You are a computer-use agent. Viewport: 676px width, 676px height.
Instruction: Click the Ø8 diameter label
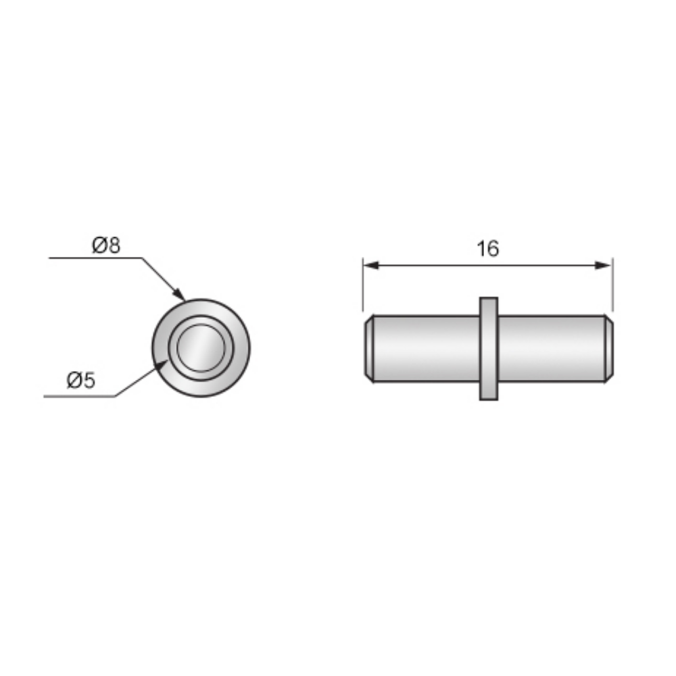coord(106,245)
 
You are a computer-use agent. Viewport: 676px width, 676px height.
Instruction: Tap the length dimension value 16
coord(487,249)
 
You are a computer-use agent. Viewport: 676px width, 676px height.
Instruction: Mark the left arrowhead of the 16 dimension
coord(369,266)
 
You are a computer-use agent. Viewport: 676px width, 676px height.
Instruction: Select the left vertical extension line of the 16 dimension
coord(363,284)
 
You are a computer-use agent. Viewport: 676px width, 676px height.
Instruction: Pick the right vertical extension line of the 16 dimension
coord(612,284)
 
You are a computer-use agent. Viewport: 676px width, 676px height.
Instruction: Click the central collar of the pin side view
coord(488,348)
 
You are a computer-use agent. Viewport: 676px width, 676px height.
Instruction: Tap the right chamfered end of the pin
coord(608,348)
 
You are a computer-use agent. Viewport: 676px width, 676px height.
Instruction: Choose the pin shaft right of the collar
coord(551,348)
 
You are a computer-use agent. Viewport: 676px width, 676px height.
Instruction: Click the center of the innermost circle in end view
coord(201,347)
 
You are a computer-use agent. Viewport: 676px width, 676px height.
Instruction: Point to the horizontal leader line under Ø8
coord(95,258)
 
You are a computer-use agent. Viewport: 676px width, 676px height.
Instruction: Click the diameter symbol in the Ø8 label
coord(99,245)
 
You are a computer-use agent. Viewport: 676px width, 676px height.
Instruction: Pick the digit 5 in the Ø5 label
coord(89,381)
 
